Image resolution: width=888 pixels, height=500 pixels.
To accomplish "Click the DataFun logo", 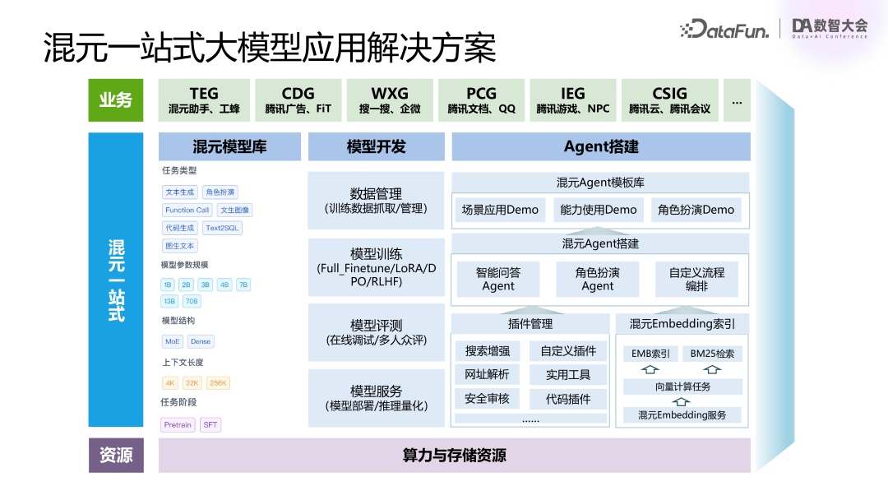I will pos(724,30).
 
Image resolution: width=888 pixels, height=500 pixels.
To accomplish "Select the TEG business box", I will pos(204,100).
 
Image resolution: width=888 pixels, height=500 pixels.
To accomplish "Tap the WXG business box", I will pos(389,100).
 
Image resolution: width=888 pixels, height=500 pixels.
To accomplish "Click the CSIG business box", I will pos(669,100).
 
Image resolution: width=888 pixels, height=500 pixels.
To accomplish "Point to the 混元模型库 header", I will pos(229,147).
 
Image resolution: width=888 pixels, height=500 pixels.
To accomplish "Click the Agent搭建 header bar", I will pos(601,147).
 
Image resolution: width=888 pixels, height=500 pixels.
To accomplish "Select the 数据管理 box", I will pos(376,201).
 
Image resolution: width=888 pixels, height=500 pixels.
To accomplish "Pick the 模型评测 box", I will pos(376,332).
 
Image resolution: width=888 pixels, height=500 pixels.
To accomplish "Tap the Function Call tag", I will pos(187,210).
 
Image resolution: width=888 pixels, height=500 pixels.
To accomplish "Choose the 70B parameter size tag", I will pos(192,301).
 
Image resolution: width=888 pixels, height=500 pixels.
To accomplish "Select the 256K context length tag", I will pos(218,382).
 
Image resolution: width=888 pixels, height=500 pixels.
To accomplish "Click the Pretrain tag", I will pos(178,425).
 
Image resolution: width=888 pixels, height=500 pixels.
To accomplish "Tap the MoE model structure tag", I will pos(173,341).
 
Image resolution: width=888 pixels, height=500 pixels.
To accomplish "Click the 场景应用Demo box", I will pos(500,210).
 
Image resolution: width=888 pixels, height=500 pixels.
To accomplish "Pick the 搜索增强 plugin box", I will pos(488,351).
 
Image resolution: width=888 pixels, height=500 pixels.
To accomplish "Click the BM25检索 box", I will pos(712,354).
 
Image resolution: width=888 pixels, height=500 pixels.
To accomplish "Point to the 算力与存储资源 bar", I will pos(454,455).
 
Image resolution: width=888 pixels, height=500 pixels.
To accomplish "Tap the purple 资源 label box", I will pos(116,455).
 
